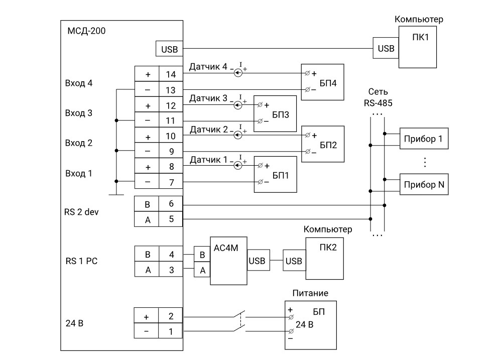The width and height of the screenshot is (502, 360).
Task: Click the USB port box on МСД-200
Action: click(x=169, y=49)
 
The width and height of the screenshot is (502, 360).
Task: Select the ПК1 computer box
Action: click(x=418, y=47)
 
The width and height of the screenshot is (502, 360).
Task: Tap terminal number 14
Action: click(x=171, y=74)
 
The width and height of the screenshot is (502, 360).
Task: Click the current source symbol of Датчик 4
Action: click(x=238, y=73)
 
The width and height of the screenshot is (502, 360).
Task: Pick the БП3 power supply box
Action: click(x=275, y=113)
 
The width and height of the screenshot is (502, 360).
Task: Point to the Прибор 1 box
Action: click(x=424, y=139)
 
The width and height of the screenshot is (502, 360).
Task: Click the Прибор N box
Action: click(x=424, y=184)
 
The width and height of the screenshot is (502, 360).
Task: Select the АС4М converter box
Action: click(x=228, y=261)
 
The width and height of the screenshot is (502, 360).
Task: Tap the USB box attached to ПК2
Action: click(x=294, y=261)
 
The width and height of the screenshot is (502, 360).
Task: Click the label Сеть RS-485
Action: click(x=378, y=97)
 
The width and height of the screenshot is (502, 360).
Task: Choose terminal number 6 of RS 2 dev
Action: click(x=171, y=204)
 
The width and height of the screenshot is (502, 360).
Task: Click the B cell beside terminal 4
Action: click(x=147, y=254)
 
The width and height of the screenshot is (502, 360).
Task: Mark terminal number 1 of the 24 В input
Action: click(x=170, y=331)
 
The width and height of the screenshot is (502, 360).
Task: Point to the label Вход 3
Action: click(x=79, y=113)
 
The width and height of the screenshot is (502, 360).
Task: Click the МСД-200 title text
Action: click(x=86, y=31)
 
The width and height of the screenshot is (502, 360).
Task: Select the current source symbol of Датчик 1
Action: click(x=238, y=165)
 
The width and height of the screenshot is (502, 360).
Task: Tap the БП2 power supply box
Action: click(x=323, y=144)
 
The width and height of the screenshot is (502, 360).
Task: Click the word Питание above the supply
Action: click(x=310, y=293)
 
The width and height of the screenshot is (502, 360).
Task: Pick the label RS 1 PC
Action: click(x=81, y=261)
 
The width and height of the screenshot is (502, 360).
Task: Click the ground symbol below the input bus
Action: click(x=116, y=194)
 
